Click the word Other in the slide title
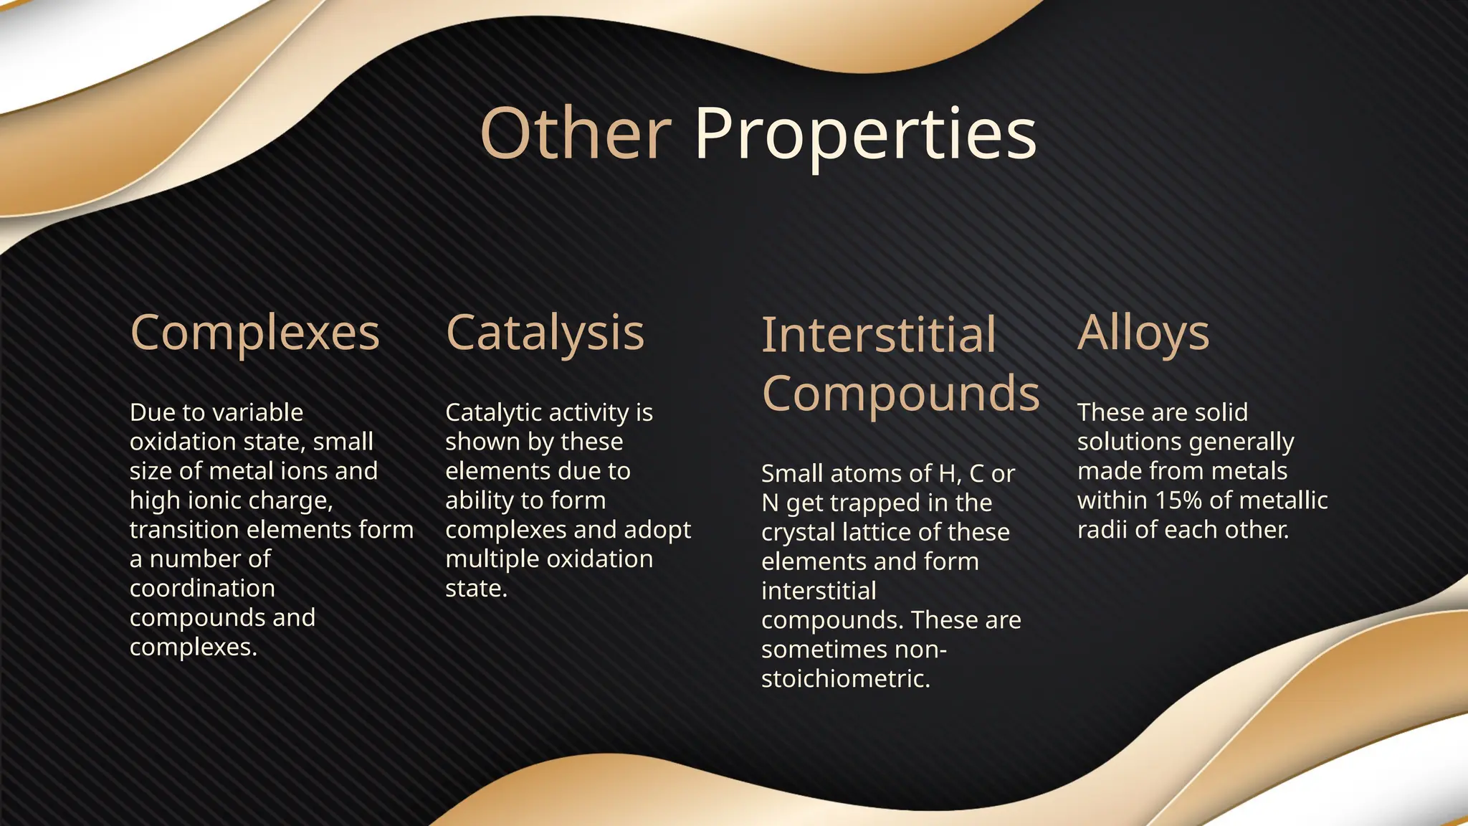[x=575, y=134]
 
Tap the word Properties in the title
[x=865, y=134]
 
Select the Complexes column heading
[x=254, y=333]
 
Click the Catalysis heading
[x=545, y=333]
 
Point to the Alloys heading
[x=1143, y=333]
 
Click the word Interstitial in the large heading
[x=879, y=335]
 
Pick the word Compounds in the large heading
[x=900, y=394]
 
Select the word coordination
[x=202, y=589]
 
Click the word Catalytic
[x=495, y=412]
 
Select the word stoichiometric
[x=845, y=679]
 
